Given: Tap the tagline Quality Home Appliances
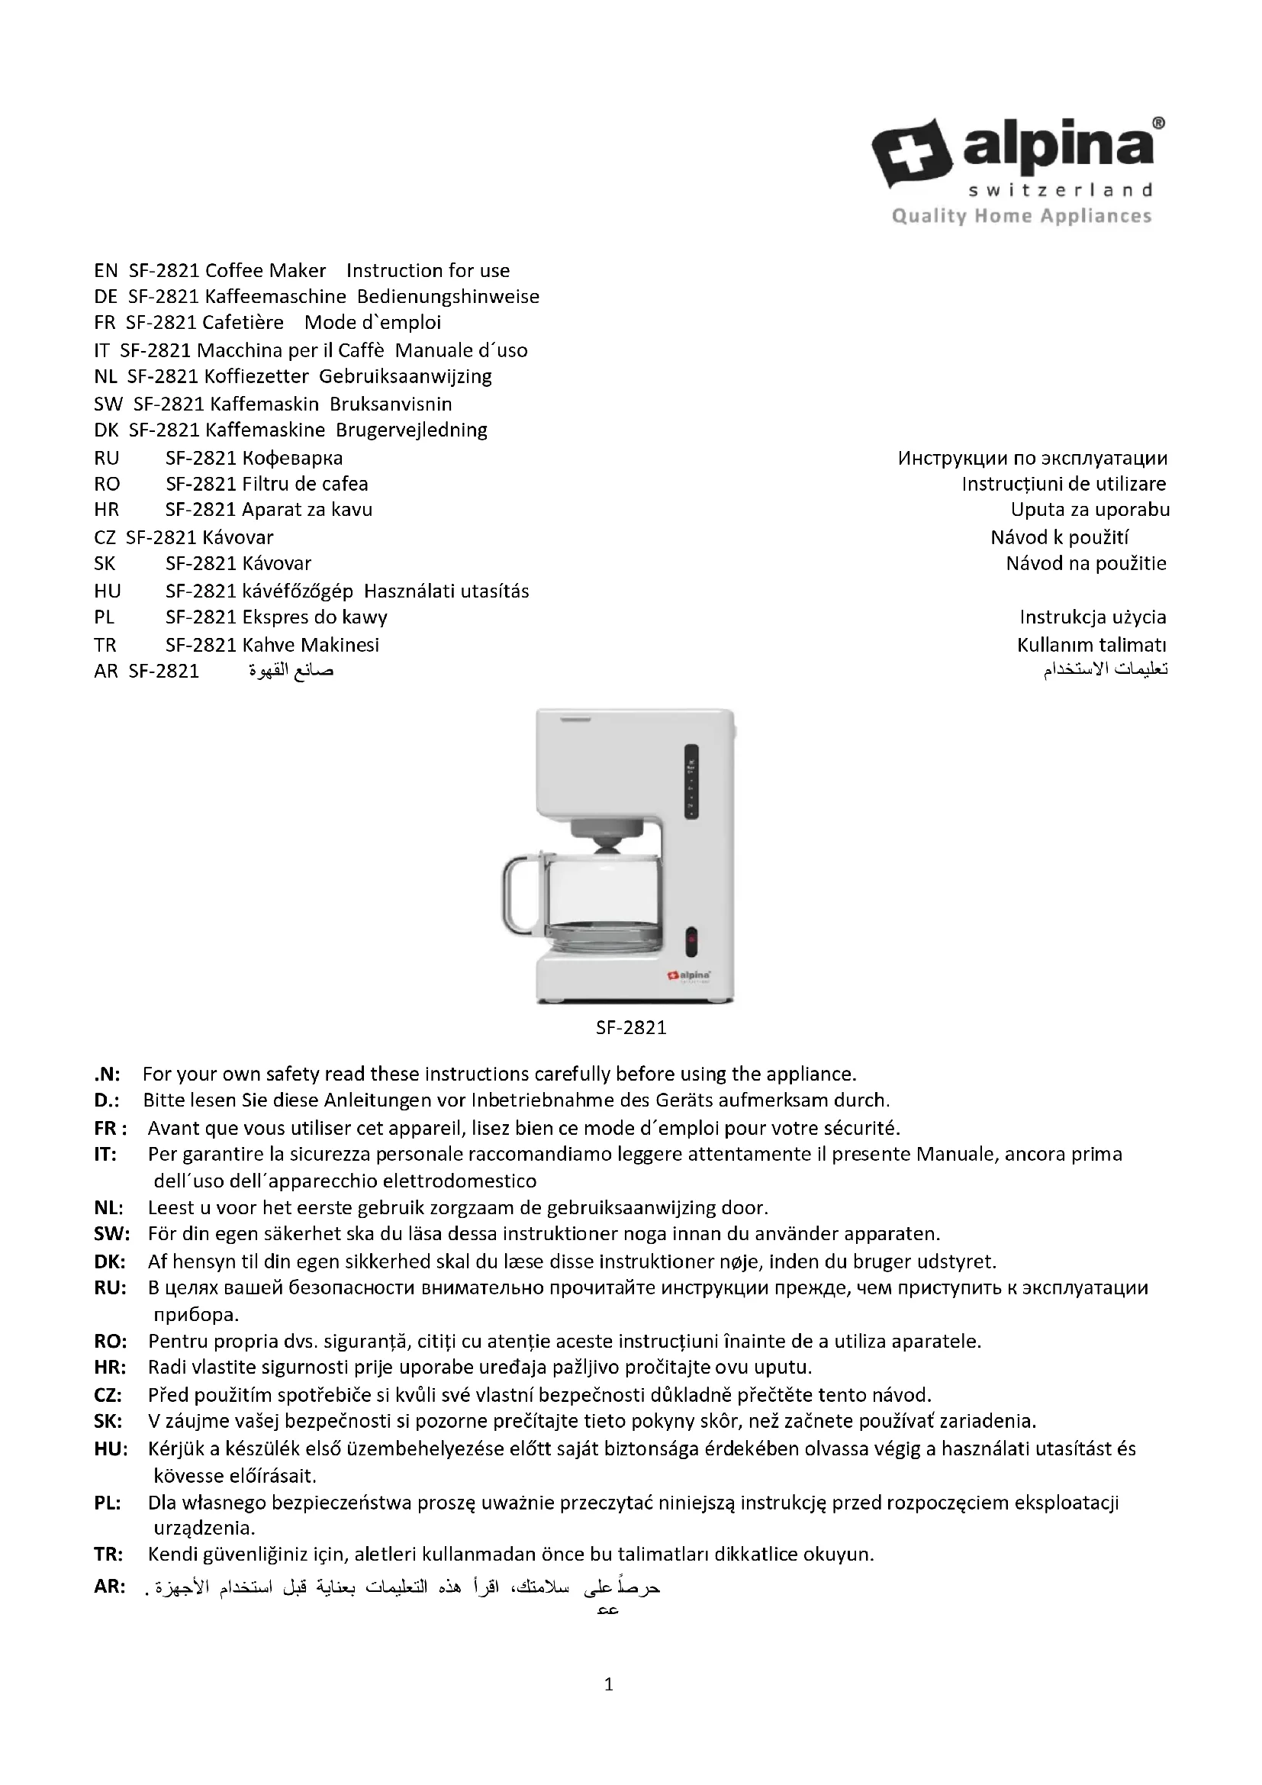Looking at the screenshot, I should [1021, 216].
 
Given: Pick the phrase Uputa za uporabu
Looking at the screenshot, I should [1090, 510].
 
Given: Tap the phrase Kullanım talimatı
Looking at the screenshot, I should [1091, 645].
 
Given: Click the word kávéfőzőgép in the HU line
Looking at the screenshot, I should [298, 591].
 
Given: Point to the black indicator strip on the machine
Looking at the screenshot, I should [691, 781].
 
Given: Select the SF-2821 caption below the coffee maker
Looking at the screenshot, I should [631, 1028].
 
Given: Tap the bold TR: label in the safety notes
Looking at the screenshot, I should [108, 1554].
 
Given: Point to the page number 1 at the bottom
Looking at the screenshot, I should [608, 1685].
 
